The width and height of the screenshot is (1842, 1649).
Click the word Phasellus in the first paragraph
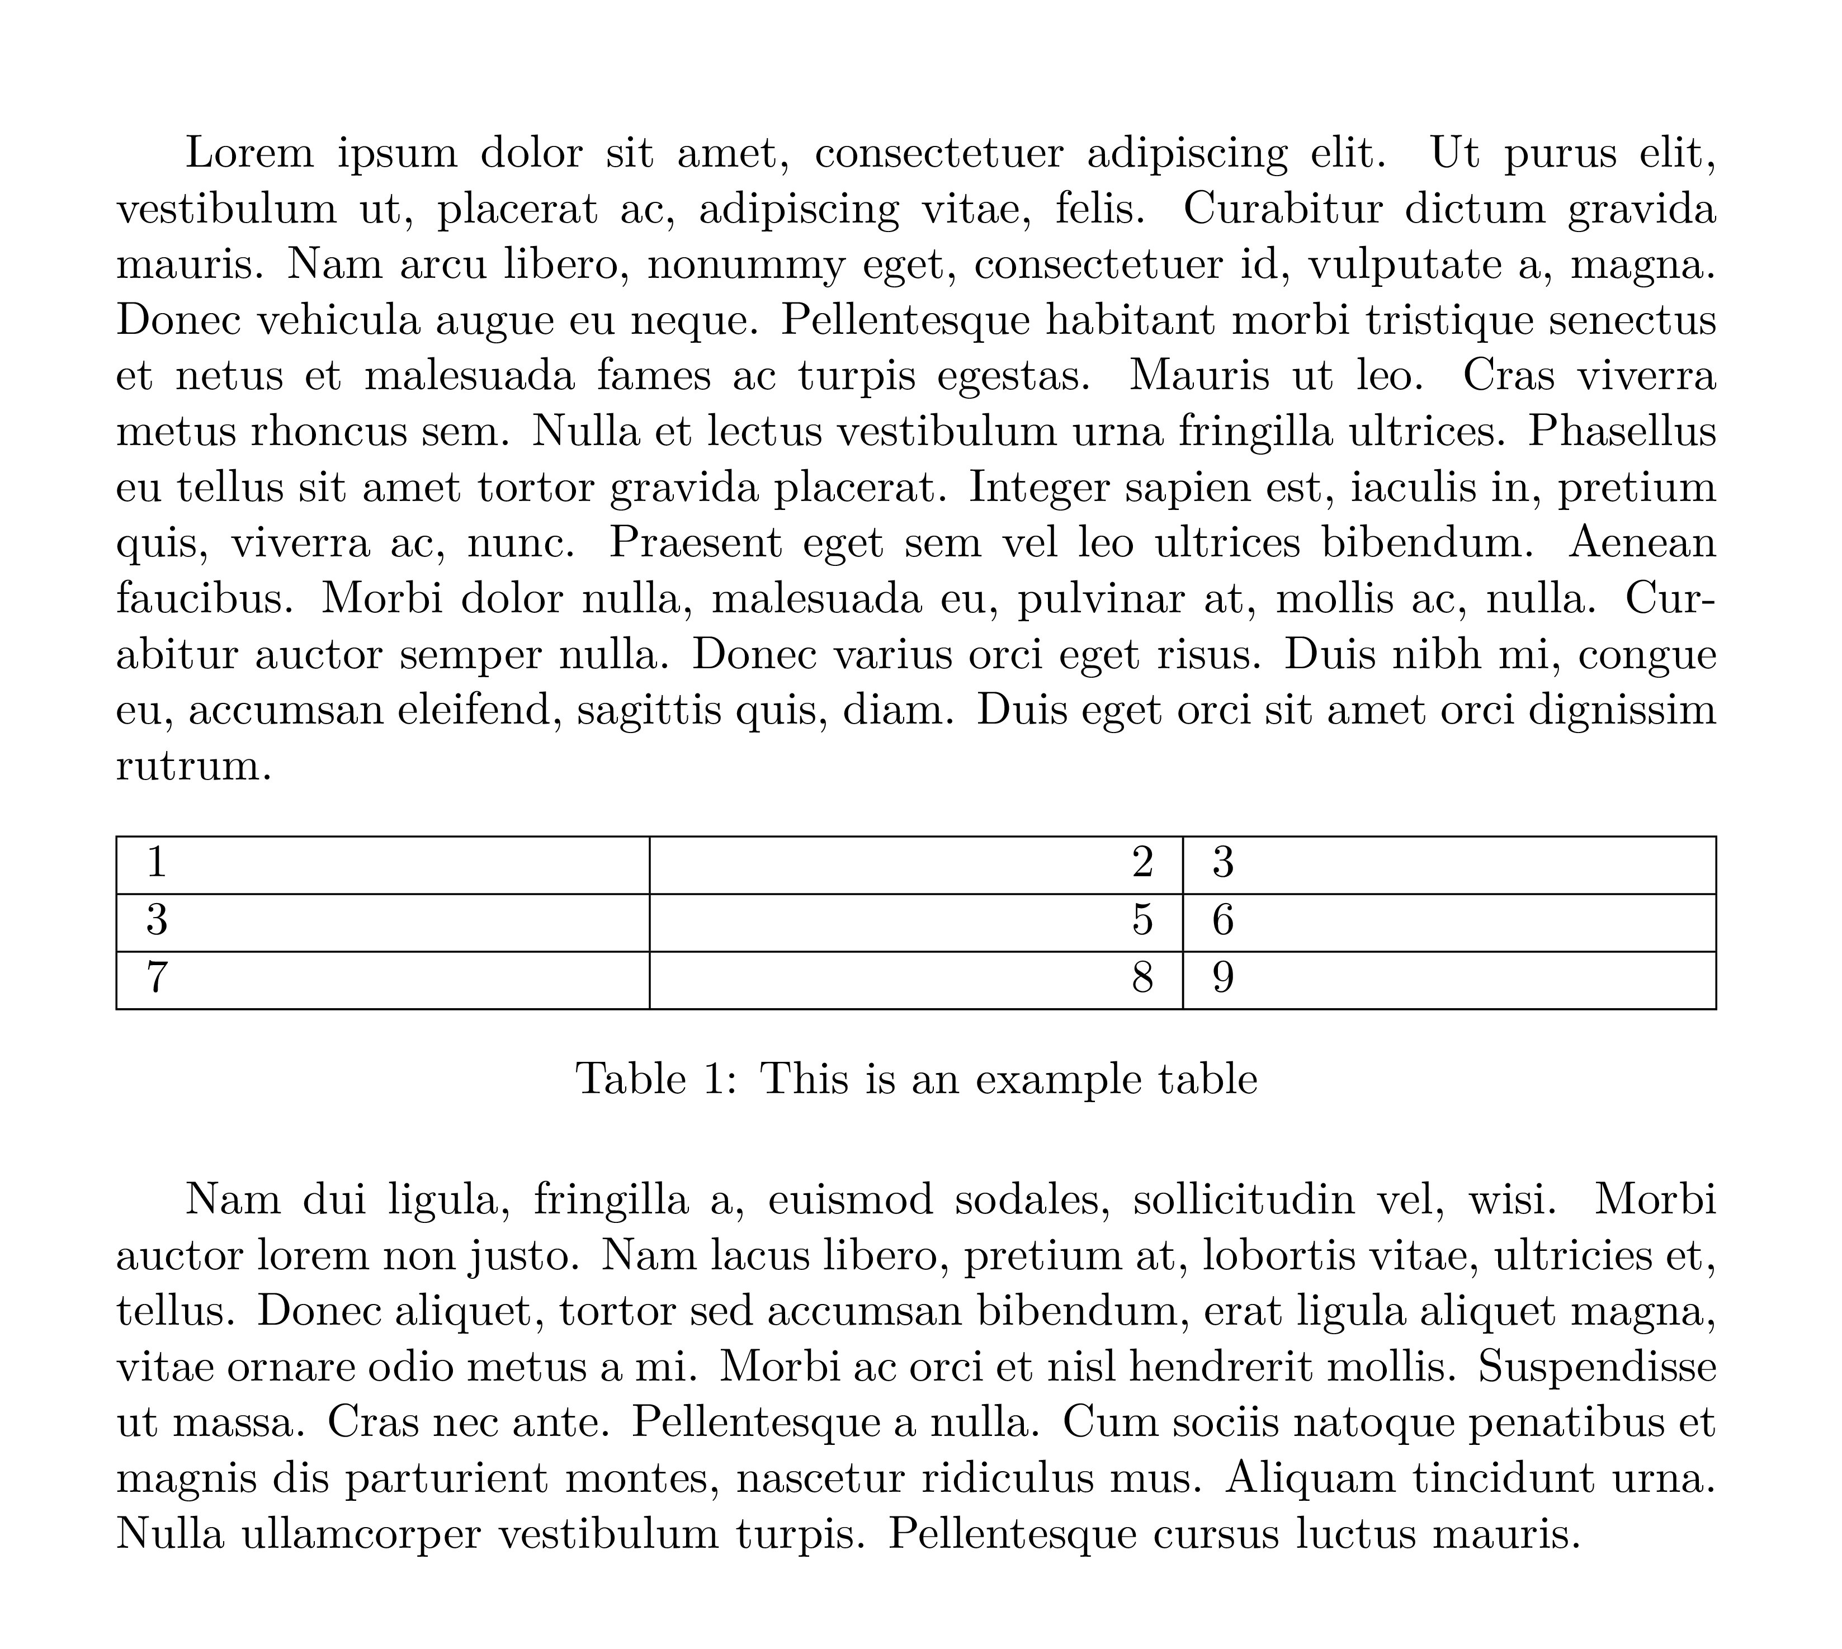[x=1622, y=431]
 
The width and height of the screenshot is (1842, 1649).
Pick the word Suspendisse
[x=1597, y=1366]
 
